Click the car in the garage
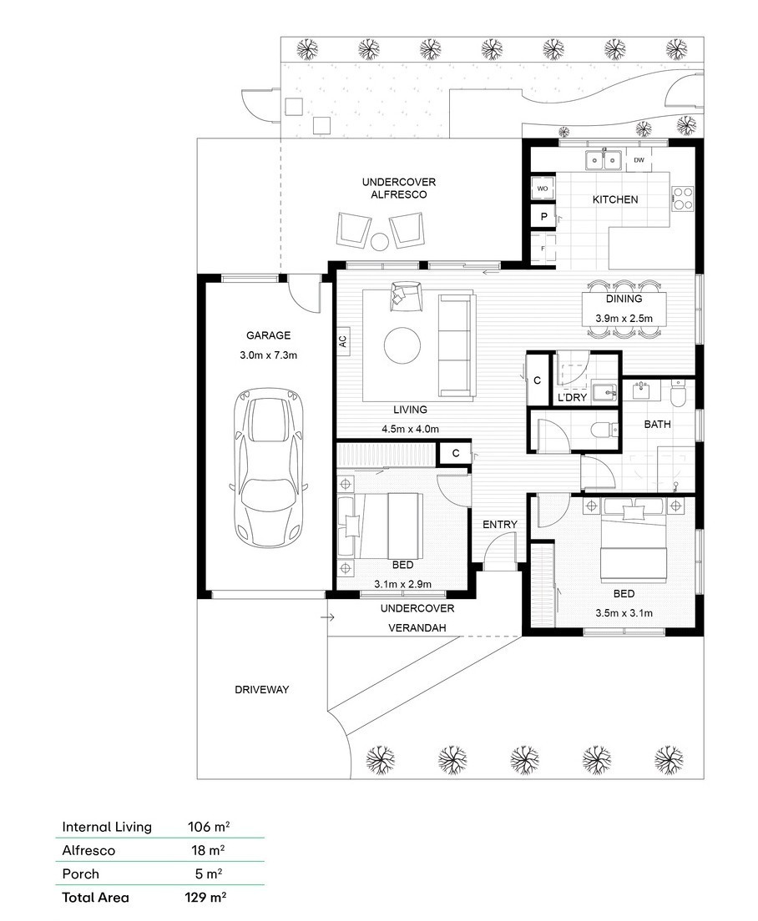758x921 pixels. (269, 468)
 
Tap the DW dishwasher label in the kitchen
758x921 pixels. (639, 160)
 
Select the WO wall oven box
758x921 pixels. (543, 189)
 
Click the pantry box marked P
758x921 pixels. (543, 216)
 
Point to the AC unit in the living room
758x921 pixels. (342, 340)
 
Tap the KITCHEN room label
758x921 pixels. (615, 199)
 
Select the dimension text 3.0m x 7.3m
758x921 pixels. (269, 355)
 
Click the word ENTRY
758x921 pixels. (500, 525)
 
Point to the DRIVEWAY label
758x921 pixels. (262, 690)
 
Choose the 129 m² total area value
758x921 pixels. (205, 897)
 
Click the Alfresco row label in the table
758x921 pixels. (88, 850)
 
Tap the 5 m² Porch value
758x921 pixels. (209, 873)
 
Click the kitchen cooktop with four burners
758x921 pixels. (682, 198)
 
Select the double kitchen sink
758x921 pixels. (604, 159)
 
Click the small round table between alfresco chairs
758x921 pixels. (380, 241)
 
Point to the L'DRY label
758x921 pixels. (573, 398)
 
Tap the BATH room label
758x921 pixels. (657, 424)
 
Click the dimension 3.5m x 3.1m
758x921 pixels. (624, 613)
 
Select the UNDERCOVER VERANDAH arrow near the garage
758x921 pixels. (327, 617)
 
